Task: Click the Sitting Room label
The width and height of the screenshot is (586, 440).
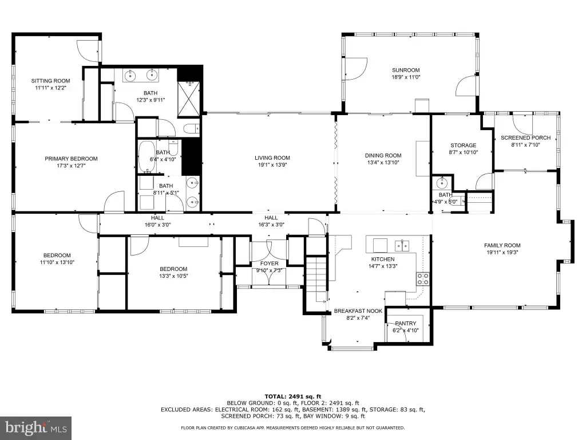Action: pos(50,81)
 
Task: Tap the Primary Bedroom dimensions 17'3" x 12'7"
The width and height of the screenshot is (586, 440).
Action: pos(72,166)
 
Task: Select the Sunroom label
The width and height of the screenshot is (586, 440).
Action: pos(406,70)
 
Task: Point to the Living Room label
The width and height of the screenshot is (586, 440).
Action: pos(272,158)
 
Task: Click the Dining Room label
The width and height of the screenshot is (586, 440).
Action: pos(383,155)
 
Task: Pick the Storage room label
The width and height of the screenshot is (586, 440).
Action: pos(464,145)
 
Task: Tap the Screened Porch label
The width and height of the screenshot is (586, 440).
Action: pos(525,137)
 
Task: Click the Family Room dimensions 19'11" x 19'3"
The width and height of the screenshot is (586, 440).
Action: pos(502,252)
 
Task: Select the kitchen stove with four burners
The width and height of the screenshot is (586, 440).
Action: pos(423,279)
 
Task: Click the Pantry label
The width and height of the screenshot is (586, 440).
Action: pos(406,323)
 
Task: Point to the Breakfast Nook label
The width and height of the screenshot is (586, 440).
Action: pos(358,311)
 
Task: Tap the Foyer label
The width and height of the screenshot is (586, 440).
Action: pos(269,264)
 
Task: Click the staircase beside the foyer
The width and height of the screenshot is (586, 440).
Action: pos(316,279)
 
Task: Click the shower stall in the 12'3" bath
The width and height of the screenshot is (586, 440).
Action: pos(189,99)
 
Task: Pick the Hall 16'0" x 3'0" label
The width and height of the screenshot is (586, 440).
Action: pos(157,218)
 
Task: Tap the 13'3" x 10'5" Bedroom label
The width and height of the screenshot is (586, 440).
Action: pos(173,269)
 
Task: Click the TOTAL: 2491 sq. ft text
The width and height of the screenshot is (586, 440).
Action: pos(293,396)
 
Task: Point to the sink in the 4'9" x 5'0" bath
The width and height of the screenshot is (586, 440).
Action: pos(442,183)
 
